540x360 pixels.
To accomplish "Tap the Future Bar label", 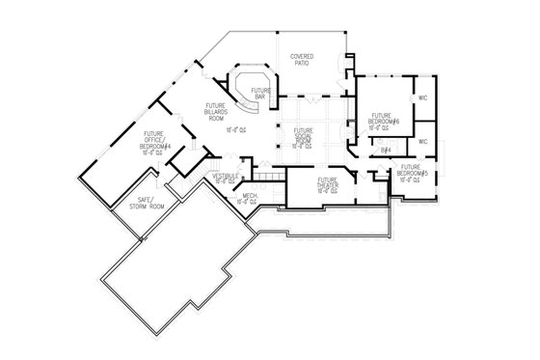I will (x=260, y=93).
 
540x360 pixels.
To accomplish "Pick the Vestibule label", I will (x=224, y=175).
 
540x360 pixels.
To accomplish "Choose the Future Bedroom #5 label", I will (x=412, y=172).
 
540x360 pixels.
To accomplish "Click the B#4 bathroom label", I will (x=385, y=150).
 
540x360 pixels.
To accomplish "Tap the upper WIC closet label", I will (x=422, y=97).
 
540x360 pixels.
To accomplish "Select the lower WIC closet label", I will (x=422, y=142).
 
